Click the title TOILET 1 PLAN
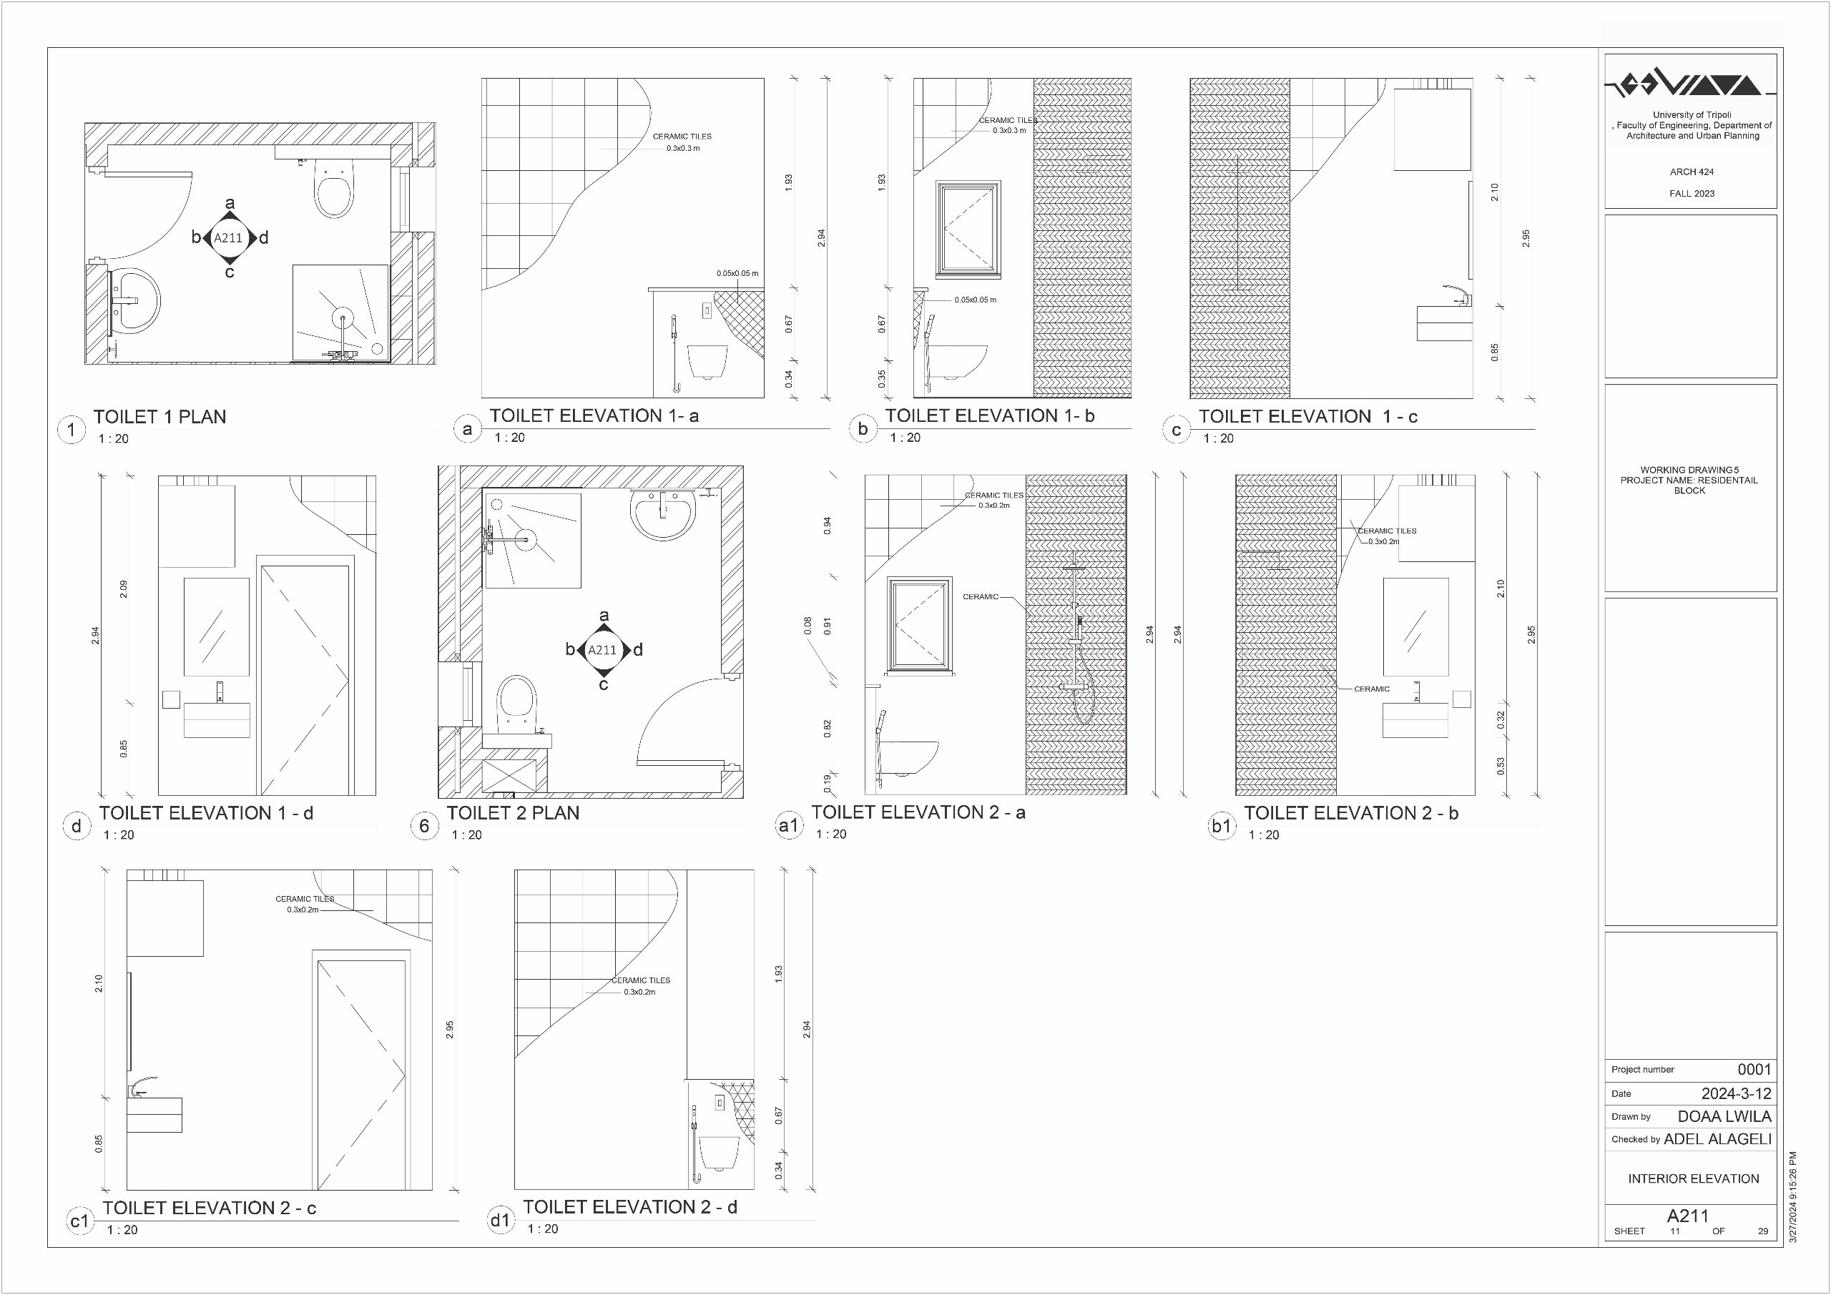coord(159,416)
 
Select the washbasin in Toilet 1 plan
coord(134,302)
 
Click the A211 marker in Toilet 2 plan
coord(603,650)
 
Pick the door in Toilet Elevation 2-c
coord(361,1070)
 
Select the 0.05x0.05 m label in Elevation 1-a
coord(737,273)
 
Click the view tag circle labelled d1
coord(500,1221)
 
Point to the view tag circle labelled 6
coord(424,826)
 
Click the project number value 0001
coord(1754,1069)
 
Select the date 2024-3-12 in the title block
coord(1736,1093)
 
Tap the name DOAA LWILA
coord(1724,1116)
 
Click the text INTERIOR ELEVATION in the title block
coord(1693,1178)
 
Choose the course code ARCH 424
coord(1692,172)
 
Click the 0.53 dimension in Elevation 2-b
coord(1500,767)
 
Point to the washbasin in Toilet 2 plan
coord(663,514)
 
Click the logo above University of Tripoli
coord(1690,83)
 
